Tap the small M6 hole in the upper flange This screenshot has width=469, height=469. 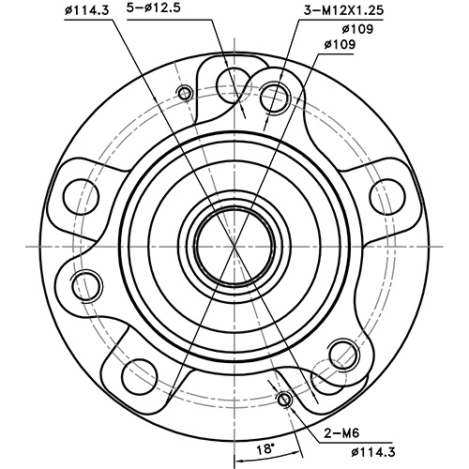[x=184, y=93]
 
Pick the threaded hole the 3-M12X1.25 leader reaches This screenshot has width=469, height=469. [x=275, y=93]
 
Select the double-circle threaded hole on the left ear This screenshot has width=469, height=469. [x=87, y=281]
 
